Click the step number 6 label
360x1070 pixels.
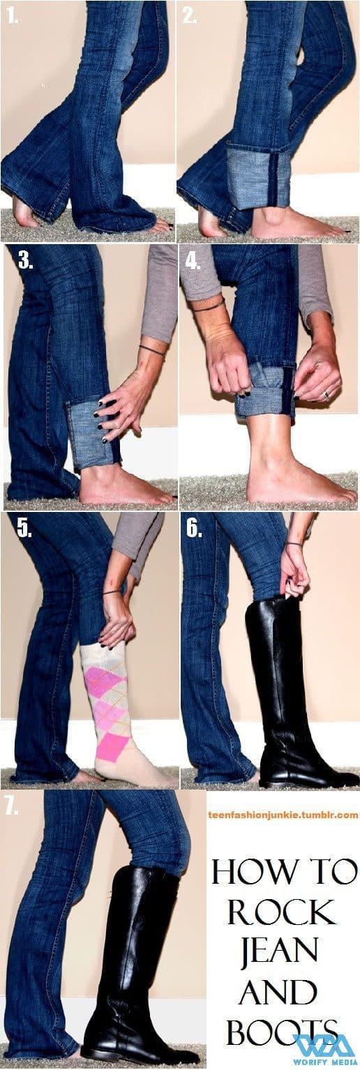(195, 528)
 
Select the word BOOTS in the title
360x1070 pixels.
(283, 1030)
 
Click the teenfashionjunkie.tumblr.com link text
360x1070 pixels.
(283, 814)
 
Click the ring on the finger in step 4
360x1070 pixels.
(326, 395)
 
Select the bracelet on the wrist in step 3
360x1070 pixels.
(152, 350)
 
